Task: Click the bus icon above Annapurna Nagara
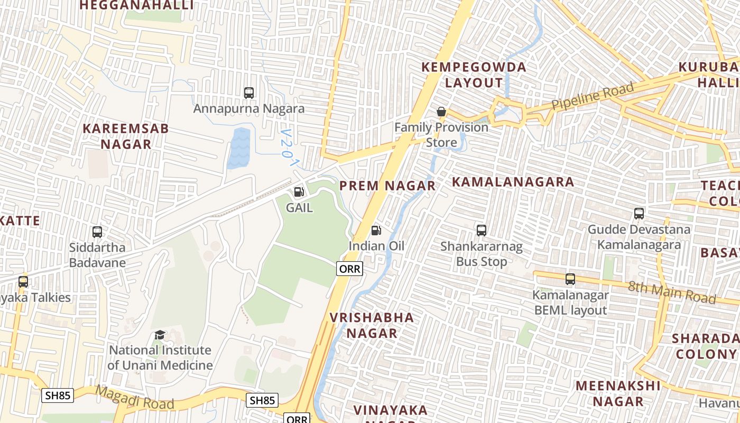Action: (249, 93)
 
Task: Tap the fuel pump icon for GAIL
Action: (299, 192)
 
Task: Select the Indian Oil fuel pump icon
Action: (376, 230)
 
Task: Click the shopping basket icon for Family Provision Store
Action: (441, 112)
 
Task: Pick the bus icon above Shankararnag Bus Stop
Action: (481, 230)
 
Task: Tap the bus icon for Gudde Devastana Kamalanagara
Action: (639, 214)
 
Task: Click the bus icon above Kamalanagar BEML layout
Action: (570, 279)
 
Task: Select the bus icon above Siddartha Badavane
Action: (97, 232)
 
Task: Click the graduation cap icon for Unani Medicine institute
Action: (160, 335)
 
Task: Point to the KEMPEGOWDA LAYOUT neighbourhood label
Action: (474, 75)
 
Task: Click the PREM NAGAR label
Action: (387, 186)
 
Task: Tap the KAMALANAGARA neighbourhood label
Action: (513, 182)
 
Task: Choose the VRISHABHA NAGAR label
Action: (372, 325)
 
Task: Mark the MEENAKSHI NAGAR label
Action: (618, 393)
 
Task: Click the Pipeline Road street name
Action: (592, 97)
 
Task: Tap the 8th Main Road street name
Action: (671, 292)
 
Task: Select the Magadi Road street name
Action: (135, 398)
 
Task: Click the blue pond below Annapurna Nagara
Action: (238, 148)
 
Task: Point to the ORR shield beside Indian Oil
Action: (349, 269)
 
